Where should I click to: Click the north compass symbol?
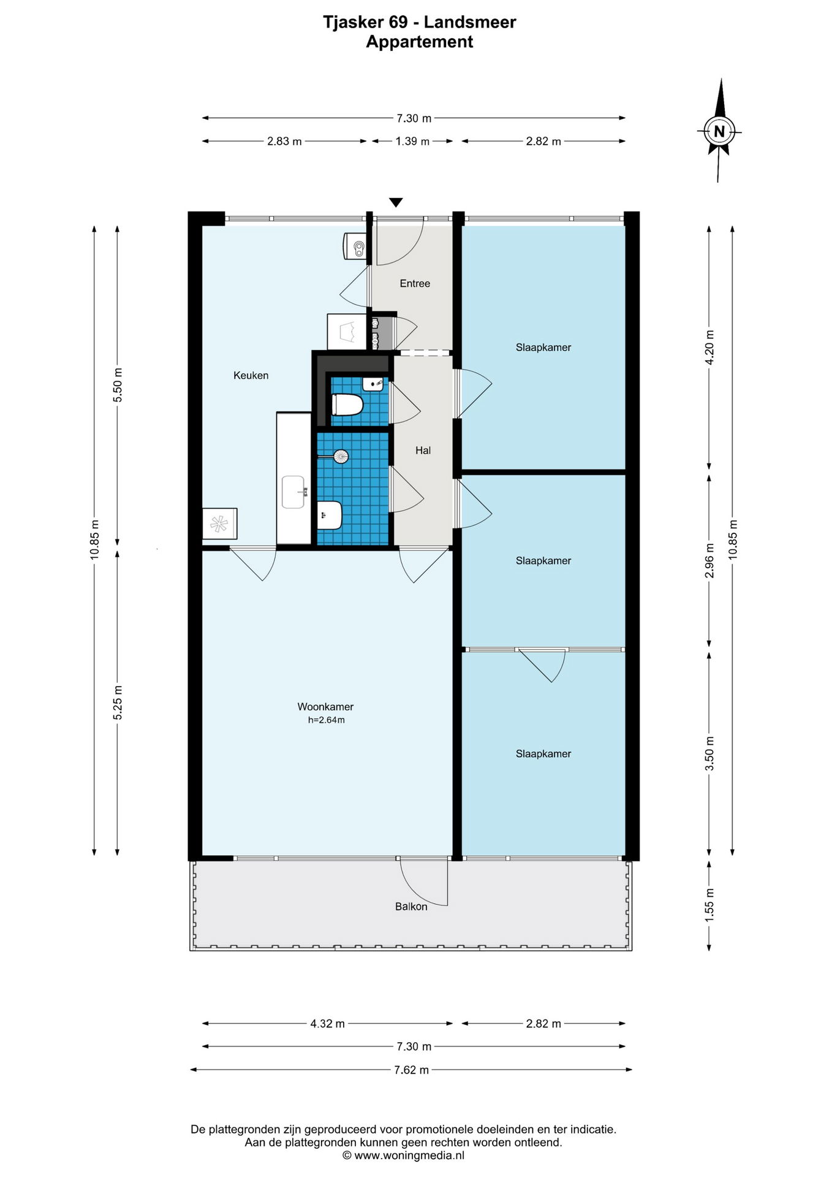click(x=719, y=130)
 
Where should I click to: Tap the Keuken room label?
click(x=251, y=375)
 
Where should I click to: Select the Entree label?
click(x=415, y=283)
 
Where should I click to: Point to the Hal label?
click(x=423, y=451)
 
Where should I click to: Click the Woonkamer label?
click(x=325, y=707)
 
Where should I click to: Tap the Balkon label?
click(x=411, y=906)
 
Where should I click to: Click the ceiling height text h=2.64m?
click(x=326, y=720)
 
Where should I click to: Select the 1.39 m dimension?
click(x=412, y=141)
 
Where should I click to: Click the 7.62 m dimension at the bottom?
click(x=411, y=1070)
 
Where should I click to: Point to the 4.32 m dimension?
click(x=327, y=1023)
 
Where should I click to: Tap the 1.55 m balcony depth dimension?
click(x=709, y=904)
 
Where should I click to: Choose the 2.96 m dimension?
click(x=709, y=560)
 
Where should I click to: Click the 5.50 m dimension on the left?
click(x=118, y=385)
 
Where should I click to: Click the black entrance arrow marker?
click(x=396, y=202)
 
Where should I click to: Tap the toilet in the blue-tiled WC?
click(x=347, y=405)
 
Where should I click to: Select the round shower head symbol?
click(x=341, y=456)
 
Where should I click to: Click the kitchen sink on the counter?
click(x=295, y=492)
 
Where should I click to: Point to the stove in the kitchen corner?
click(x=219, y=524)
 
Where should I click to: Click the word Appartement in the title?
click(x=420, y=42)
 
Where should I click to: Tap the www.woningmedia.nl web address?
click(x=409, y=1155)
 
